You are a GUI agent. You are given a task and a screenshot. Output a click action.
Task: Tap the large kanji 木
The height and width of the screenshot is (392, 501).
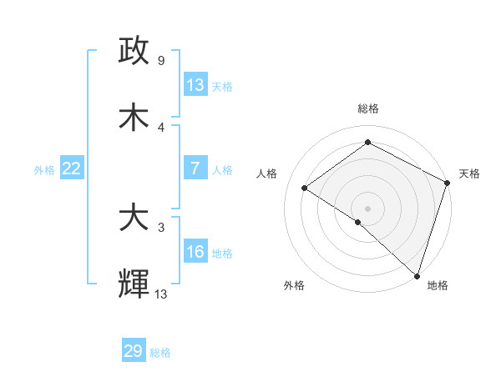click(x=134, y=117)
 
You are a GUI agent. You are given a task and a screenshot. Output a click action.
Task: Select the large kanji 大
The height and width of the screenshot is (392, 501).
click(x=134, y=219)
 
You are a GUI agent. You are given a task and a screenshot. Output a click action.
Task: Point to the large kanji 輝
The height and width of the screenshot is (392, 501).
click(x=134, y=284)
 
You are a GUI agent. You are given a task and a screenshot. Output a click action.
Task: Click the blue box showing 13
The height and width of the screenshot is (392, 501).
click(x=195, y=85)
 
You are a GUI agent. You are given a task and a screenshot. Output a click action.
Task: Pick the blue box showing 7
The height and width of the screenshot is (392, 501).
click(x=195, y=168)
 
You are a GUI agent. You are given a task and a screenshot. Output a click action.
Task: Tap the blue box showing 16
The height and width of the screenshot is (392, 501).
click(x=195, y=252)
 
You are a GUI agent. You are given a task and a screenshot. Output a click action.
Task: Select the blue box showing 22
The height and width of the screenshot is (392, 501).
click(x=72, y=168)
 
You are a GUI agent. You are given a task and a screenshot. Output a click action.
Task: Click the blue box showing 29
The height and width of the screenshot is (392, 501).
click(x=134, y=351)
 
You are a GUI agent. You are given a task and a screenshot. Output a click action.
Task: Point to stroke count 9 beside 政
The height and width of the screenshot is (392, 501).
click(x=160, y=61)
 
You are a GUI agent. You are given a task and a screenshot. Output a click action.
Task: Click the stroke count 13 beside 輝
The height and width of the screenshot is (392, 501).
click(x=161, y=294)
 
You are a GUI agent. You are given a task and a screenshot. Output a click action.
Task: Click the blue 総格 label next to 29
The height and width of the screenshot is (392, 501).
click(x=160, y=353)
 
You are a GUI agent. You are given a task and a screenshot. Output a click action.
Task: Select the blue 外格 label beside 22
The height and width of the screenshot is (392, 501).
click(x=44, y=170)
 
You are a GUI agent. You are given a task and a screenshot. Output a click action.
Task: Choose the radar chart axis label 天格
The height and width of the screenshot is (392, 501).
click(x=469, y=173)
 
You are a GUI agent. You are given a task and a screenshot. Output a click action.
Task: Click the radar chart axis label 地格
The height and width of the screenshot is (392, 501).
click(x=438, y=286)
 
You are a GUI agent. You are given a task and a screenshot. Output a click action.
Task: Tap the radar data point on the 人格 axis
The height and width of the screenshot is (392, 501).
click(x=305, y=188)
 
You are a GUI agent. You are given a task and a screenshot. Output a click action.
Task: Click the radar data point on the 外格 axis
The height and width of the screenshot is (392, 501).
click(x=358, y=222)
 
